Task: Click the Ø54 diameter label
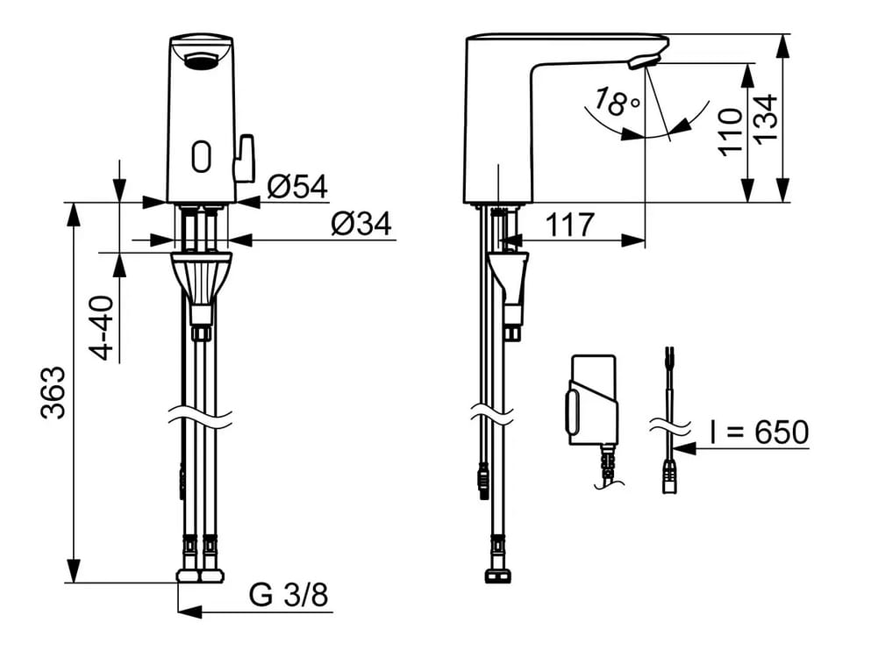[x=297, y=187]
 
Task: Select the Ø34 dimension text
[x=361, y=224]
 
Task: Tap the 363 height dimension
[x=54, y=392]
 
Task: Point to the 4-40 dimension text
[x=102, y=328]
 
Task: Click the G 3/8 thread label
[x=289, y=595]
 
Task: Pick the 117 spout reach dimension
[x=570, y=225]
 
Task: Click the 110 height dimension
[x=731, y=132]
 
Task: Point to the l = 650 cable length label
[x=759, y=433]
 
